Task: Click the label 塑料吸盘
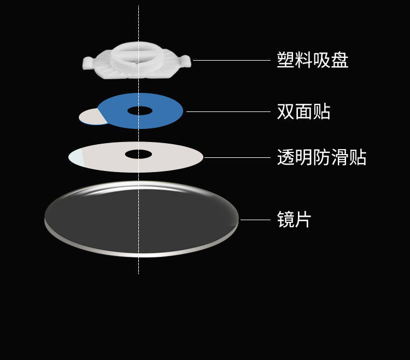[x=312, y=60]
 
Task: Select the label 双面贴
[x=303, y=111]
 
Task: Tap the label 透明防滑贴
[x=321, y=158]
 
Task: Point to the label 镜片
[x=294, y=220]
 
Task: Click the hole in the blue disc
[x=140, y=111]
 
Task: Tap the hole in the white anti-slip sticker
[x=138, y=154]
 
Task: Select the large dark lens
[x=141, y=219]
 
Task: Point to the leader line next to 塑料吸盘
[x=232, y=60]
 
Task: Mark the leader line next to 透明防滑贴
[x=237, y=157]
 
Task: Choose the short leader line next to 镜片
[x=255, y=220]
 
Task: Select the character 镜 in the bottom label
[x=286, y=220]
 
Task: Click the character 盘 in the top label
[x=340, y=60]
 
